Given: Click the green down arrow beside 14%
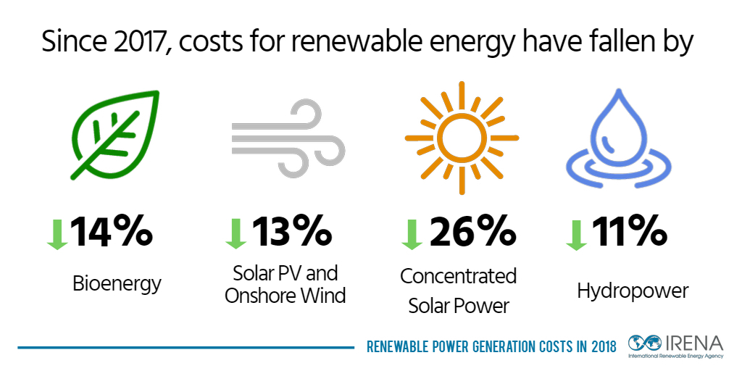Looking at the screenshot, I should [x=57, y=233].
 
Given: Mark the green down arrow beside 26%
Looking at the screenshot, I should [x=411, y=233].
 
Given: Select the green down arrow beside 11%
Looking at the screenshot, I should [x=576, y=233].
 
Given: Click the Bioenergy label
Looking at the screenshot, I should [x=116, y=284].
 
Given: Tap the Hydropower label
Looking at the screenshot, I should [x=633, y=291].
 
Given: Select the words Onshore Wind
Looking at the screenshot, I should [x=285, y=296].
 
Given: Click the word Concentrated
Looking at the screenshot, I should [x=458, y=276].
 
